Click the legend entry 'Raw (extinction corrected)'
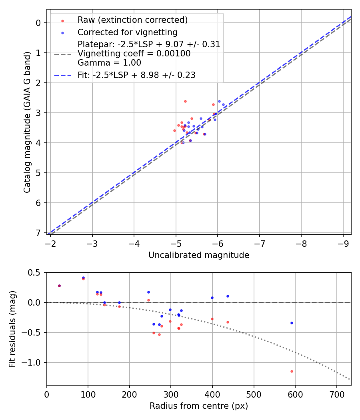[x=132, y=20]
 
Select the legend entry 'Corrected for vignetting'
[x=127, y=32]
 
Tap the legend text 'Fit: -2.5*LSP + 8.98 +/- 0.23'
[x=136, y=75]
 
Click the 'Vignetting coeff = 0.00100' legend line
[x=134, y=53]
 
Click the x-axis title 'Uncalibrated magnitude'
[x=199, y=255]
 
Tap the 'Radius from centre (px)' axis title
[x=199, y=406]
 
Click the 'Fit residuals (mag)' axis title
[x=12, y=329]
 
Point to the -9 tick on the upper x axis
[x=343, y=244]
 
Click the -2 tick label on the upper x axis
[x=50, y=244]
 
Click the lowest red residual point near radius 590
[x=292, y=371]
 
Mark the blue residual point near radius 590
[x=292, y=323]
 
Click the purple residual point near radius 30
[x=59, y=286]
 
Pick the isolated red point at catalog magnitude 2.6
[x=185, y=101]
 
